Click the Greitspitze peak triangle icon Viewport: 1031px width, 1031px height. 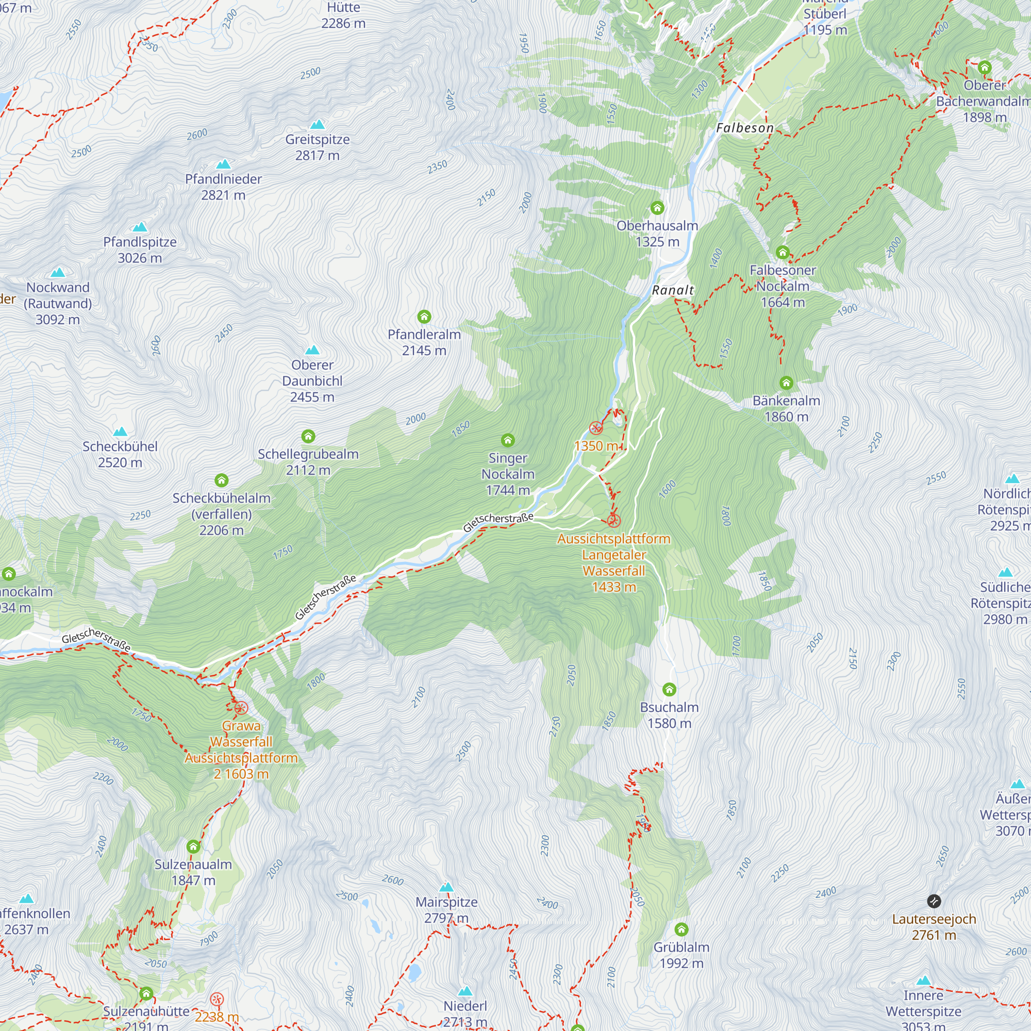(x=318, y=124)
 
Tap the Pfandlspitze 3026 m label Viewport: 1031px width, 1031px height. (x=140, y=250)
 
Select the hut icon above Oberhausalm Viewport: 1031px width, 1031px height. (x=657, y=208)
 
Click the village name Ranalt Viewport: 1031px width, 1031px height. (x=672, y=290)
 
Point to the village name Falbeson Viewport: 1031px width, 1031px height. (x=744, y=128)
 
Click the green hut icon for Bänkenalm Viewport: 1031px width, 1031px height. (x=786, y=383)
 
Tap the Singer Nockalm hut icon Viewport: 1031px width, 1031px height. (x=507, y=440)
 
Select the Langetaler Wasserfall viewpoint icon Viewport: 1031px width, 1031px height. (x=613, y=520)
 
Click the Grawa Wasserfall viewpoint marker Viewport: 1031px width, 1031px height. (x=241, y=708)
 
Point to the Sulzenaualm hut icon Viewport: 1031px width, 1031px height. (x=193, y=846)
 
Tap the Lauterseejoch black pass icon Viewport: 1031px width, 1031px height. (x=934, y=901)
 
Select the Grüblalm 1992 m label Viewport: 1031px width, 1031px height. (x=681, y=955)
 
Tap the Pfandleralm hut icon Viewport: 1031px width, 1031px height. (x=424, y=317)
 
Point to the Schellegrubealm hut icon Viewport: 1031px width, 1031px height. (x=308, y=437)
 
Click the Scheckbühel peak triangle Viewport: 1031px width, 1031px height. (x=120, y=431)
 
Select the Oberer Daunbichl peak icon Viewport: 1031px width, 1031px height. (x=312, y=350)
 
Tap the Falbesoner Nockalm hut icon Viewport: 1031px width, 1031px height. (x=783, y=253)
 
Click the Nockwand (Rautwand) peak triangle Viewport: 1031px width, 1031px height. (x=58, y=273)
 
